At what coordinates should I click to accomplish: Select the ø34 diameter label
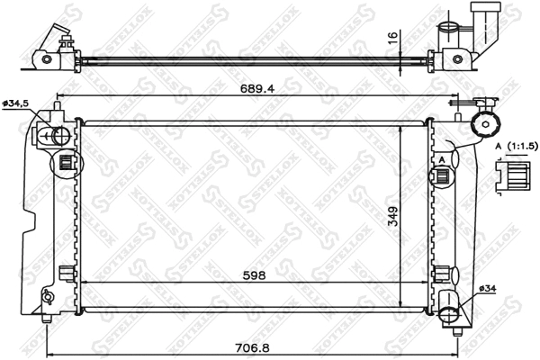point(486,288)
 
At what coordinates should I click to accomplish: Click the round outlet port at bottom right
point(451,312)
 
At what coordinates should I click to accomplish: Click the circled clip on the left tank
point(66,164)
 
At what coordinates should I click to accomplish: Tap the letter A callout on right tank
point(443,160)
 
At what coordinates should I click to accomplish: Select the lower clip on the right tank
point(442,273)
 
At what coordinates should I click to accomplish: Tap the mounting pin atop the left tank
point(58,107)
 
